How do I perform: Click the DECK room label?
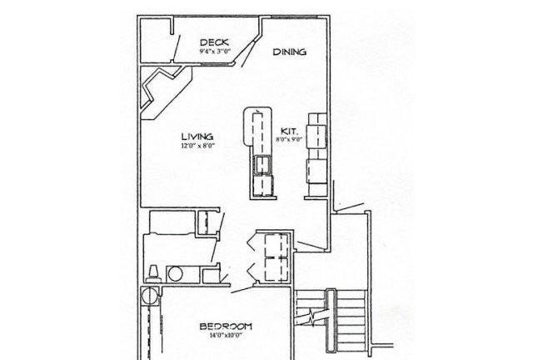tap(215, 42)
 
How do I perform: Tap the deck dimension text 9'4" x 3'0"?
tap(215, 52)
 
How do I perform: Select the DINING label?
tap(290, 52)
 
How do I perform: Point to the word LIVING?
tap(197, 137)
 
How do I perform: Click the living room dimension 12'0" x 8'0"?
tap(198, 147)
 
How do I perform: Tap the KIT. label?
tap(289, 131)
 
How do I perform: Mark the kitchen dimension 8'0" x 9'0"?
tap(289, 139)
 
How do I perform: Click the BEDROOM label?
tap(226, 327)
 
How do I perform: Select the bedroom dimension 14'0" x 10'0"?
tap(226, 335)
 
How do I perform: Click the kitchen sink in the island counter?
tap(263, 165)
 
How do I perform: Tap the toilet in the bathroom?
tap(153, 274)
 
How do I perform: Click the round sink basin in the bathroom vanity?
tap(176, 274)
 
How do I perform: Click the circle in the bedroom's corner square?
tap(149, 296)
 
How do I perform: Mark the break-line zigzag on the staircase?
tap(311, 317)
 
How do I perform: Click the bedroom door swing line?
tap(242, 289)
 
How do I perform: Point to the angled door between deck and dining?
tap(248, 54)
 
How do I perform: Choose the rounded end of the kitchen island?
tap(257, 112)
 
